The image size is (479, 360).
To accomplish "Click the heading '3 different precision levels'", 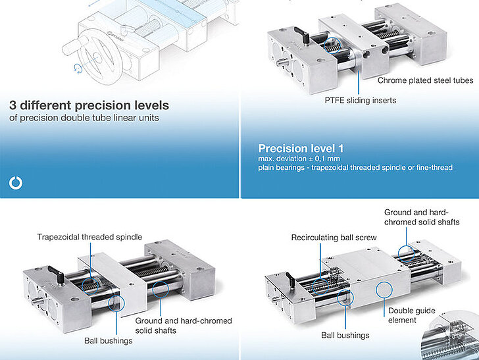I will (x=89, y=105).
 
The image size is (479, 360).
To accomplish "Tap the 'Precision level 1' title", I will (x=300, y=149).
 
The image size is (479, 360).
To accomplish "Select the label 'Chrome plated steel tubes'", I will (x=425, y=80).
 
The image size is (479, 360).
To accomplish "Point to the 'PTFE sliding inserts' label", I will (x=360, y=101).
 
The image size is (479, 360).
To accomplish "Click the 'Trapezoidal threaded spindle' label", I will (x=89, y=237).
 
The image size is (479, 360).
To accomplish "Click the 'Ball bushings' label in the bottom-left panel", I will (x=108, y=340).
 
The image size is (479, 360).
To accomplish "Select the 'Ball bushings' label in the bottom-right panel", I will (x=345, y=336).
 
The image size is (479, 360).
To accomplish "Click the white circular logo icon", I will (x=16, y=183).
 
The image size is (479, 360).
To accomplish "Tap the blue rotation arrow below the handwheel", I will (x=79, y=68).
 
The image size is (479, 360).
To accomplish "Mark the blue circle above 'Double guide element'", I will (x=382, y=290).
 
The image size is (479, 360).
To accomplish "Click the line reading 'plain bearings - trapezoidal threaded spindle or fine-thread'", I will (x=355, y=168).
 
